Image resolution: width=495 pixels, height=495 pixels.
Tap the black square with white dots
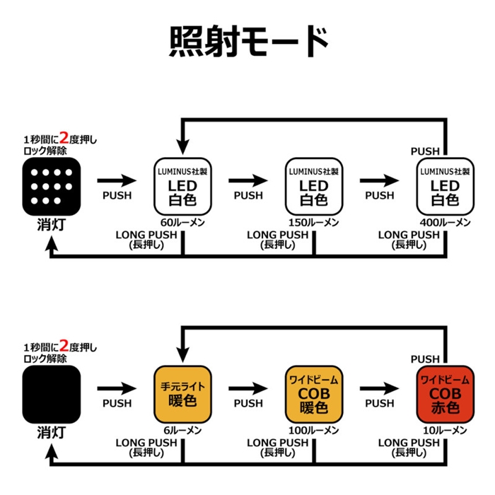click(x=52, y=186)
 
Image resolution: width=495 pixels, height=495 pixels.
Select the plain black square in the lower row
click(x=52, y=394)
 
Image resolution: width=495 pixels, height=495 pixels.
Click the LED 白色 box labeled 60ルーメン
click(x=183, y=186)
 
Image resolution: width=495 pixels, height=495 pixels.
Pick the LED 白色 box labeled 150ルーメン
click(x=313, y=186)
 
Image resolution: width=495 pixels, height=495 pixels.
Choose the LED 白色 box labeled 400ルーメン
click(x=445, y=186)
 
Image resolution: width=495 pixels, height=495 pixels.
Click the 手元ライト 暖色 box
click(x=183, y=394)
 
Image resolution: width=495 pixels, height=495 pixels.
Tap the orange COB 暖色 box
click(x=313, y=394)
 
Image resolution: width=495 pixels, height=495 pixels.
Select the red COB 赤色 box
click(x=445, y=394)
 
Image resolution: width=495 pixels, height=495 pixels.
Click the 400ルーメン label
click(x=445, y=222)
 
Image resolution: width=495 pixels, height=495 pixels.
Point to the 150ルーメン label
click(x=314, y=222)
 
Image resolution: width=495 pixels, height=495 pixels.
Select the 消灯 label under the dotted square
click(x=52, y=226)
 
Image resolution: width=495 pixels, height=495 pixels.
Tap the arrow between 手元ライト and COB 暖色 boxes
click(x=248, y=388)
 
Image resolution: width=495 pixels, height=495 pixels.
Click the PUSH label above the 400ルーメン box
click(x=425, y=151)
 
